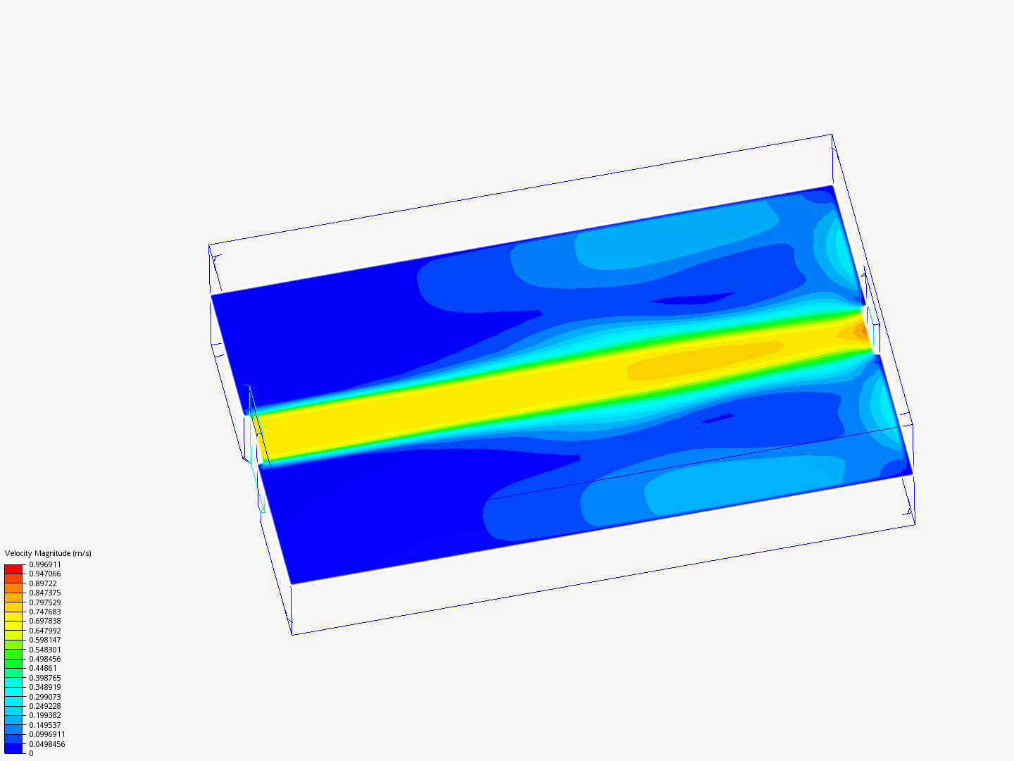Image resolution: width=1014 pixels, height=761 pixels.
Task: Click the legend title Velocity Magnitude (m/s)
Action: (48, 553)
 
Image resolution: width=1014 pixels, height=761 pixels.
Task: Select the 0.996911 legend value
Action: (45, 564)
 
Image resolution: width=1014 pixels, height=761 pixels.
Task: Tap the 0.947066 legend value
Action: (45, 574)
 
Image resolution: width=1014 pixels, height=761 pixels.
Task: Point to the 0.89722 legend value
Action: (43, 583)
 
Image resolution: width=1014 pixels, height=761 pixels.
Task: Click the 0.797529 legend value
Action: (45, 602)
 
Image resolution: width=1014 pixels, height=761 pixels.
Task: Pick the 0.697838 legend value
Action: (45, 621)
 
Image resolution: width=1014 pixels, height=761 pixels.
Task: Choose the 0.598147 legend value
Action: (45, 640)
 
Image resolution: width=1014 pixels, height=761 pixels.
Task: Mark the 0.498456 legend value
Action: (45, 659)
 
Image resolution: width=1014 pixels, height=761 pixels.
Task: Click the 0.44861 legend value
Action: (43, 668)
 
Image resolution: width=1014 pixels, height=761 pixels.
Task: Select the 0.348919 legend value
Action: (45, 687)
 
